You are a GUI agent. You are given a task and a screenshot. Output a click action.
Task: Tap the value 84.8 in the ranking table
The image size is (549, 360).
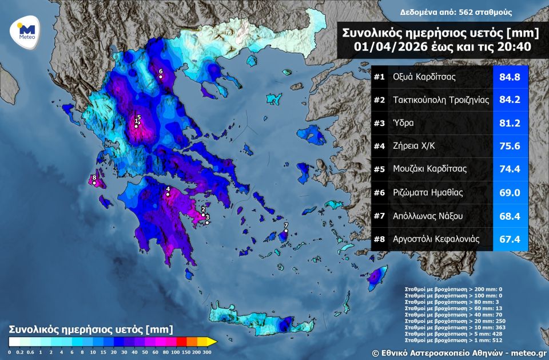click(x=510, y=77)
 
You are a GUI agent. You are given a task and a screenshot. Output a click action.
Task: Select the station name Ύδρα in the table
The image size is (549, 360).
click(x=403, y=122)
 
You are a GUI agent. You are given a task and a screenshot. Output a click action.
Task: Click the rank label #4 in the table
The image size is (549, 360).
click(x=379, y=146)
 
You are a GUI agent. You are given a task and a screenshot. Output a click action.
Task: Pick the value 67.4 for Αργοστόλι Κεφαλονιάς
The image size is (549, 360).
click(x=510, y=239)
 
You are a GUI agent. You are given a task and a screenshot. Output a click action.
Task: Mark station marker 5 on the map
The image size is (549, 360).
click(x=138, y=118)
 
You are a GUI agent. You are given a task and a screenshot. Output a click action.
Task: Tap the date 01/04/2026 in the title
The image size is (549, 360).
click(x=389, y=46)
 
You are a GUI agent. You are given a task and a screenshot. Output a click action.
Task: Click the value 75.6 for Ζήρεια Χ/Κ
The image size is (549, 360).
click(x=510, y=146)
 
